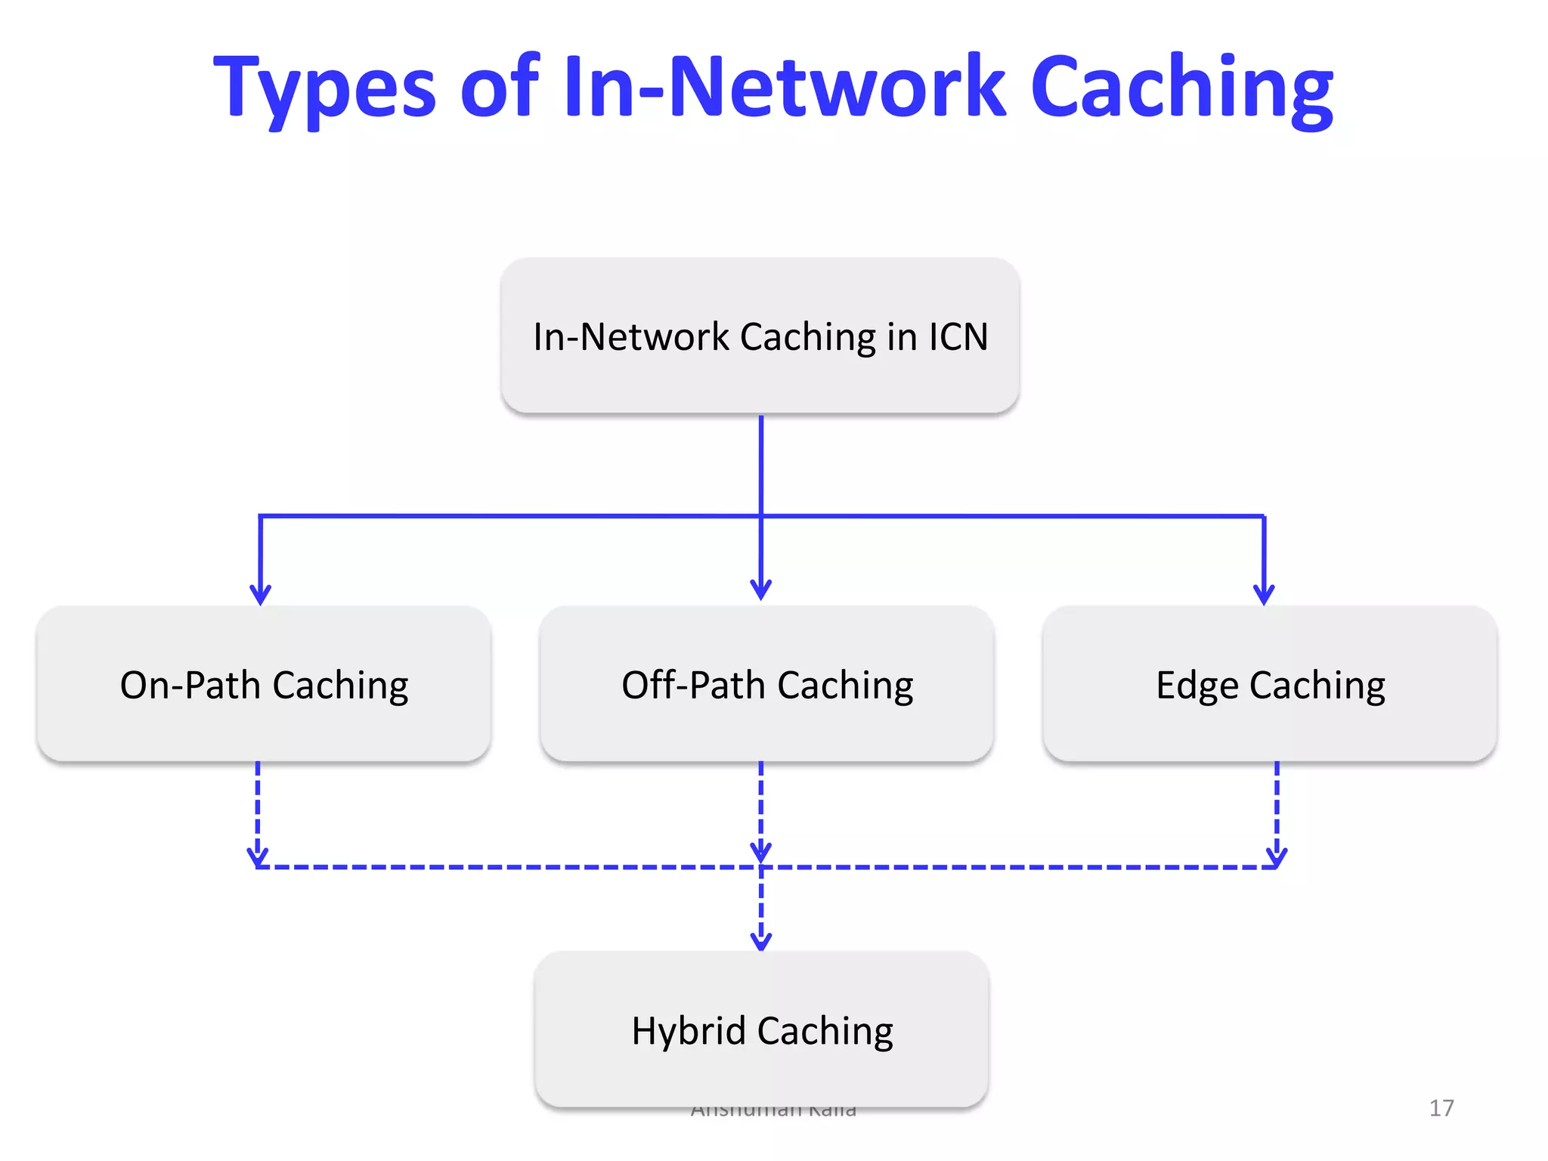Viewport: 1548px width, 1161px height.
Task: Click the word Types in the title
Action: pos(325,89)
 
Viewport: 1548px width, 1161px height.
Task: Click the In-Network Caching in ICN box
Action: pos(760,336)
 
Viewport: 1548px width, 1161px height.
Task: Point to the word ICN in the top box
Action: pos(958,337)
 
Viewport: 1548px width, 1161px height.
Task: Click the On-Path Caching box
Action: pos(264,684)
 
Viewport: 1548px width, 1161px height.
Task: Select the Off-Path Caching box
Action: pos(766,684)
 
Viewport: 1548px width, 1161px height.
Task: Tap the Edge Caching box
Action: pos(1270,684)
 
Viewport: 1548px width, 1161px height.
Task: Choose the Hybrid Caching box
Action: pos(762,1029)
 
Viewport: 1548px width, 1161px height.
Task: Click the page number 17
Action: pos(1441,1108)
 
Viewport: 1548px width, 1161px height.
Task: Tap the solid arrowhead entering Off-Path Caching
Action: pos(761,590)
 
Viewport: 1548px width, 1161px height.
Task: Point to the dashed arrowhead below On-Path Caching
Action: pos(258,856)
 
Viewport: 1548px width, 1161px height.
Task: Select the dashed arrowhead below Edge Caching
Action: pos(1277,856)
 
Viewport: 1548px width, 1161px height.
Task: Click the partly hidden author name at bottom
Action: pos(773,1111)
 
